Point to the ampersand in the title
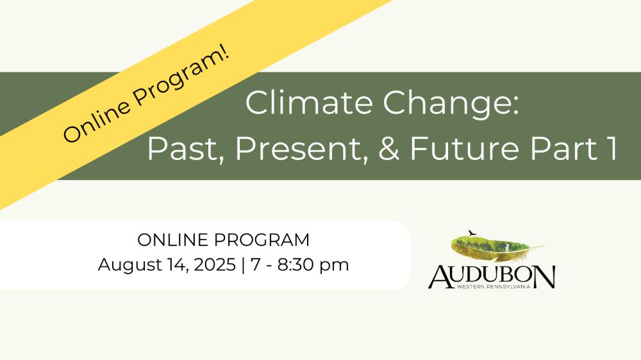pos(388,148)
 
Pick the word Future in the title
pos(464,148)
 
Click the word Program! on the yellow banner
pos(182,75)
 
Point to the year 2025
pos(215,265)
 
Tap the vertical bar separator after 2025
pos(244,265)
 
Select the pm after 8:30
pos(334,266)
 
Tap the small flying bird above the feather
pos(472,233)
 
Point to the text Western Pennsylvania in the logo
pos(494,286)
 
